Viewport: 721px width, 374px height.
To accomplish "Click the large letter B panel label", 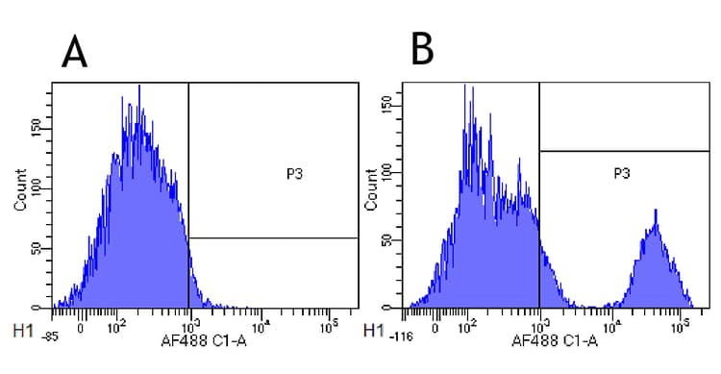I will [x=422, y=48].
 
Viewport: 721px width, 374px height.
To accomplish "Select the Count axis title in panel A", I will [x=20, y=192].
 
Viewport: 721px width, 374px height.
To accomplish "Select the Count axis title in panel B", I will [x=371, y=192].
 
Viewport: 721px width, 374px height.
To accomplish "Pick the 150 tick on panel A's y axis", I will [x=37, y=128].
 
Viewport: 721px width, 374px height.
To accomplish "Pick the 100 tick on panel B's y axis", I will [x=389, y=174].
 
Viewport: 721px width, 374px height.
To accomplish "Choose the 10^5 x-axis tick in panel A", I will [x=329, y=324].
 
